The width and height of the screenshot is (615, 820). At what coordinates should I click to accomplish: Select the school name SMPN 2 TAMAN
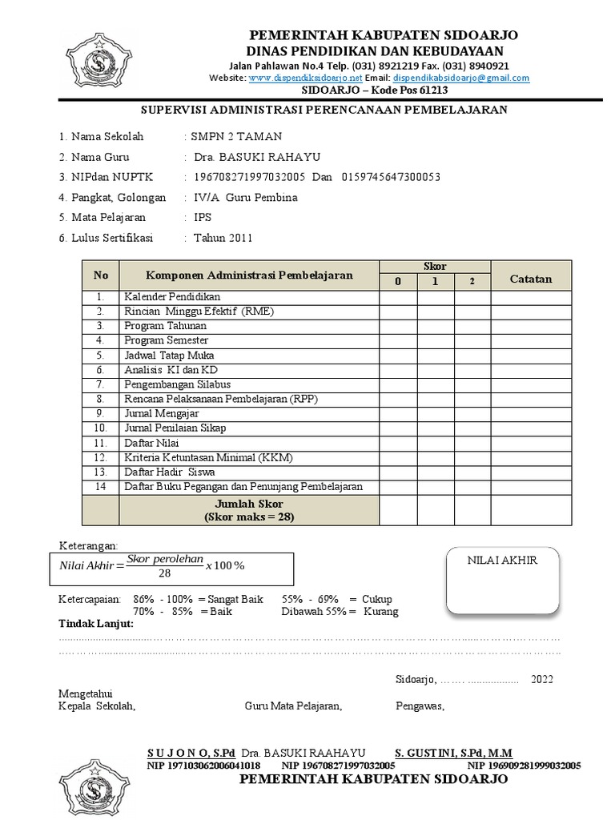coord(237,136)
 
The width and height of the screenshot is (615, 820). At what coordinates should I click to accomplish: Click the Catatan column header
coord(531,278)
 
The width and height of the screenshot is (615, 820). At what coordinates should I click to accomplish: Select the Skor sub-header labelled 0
coord(398,282)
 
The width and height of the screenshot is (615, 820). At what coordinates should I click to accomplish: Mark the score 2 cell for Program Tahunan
coord(472,326)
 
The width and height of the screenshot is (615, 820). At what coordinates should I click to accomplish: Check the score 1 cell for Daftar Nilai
coord(436,442)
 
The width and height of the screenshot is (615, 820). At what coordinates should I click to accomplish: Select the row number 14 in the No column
coord(100,486)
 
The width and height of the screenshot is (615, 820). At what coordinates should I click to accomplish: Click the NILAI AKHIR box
coord(502,581)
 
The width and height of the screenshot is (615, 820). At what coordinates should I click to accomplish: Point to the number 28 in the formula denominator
coord(164,573)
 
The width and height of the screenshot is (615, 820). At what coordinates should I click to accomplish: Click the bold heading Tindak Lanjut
coord(96,624)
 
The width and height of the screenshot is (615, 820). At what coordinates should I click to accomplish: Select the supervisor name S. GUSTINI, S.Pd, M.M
coord(455,753)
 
